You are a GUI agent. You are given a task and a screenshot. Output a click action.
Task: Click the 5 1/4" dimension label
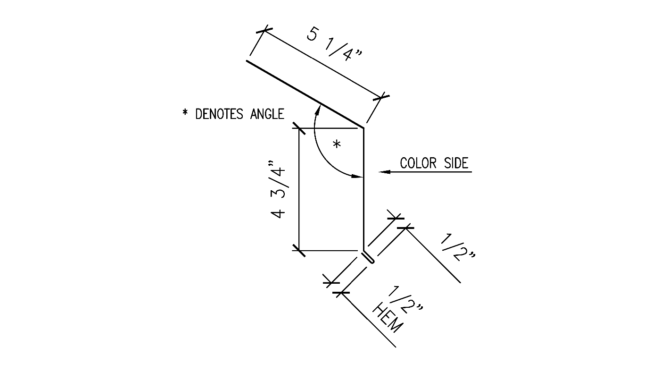click(x=334, y=43)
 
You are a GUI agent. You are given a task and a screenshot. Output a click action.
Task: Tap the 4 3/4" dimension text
click(x=278, y=189)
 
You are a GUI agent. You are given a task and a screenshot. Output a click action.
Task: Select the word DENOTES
click(x=219, y=114)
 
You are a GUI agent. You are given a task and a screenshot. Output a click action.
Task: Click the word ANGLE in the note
click(x=267, y=114)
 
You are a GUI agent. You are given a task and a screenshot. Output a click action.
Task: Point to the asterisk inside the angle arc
click(x=337, y=144)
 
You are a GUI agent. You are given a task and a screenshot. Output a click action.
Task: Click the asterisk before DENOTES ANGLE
click(x=185, y=112)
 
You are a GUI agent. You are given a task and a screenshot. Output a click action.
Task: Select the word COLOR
click(x=419, y=163)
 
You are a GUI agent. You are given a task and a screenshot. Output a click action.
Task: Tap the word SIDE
click(x=456, y=163)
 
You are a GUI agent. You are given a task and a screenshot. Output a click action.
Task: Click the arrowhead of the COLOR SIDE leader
click(x=384, y=172)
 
